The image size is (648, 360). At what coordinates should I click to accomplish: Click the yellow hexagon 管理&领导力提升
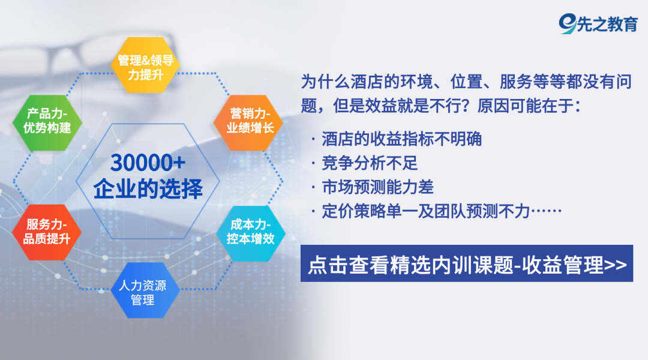[x=145, y=65]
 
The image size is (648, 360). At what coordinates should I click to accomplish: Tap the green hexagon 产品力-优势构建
[x=47, y=123]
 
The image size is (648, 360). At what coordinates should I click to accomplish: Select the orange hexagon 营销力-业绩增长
[x=248, y=123]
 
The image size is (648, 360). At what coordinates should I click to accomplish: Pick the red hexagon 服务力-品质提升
[x=47, y=232]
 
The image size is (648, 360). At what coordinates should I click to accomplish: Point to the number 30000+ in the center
[x=148, y=163]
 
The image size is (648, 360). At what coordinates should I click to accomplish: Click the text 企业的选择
[x=148, y=189]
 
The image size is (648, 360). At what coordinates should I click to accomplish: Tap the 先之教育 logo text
[x=607, y=25]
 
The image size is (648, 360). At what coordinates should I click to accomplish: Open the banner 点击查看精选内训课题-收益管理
[x=467, y=263]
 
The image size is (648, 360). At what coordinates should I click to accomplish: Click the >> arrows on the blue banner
[x=616, y=265]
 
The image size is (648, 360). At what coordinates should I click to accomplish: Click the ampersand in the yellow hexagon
[x=145, y=61]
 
